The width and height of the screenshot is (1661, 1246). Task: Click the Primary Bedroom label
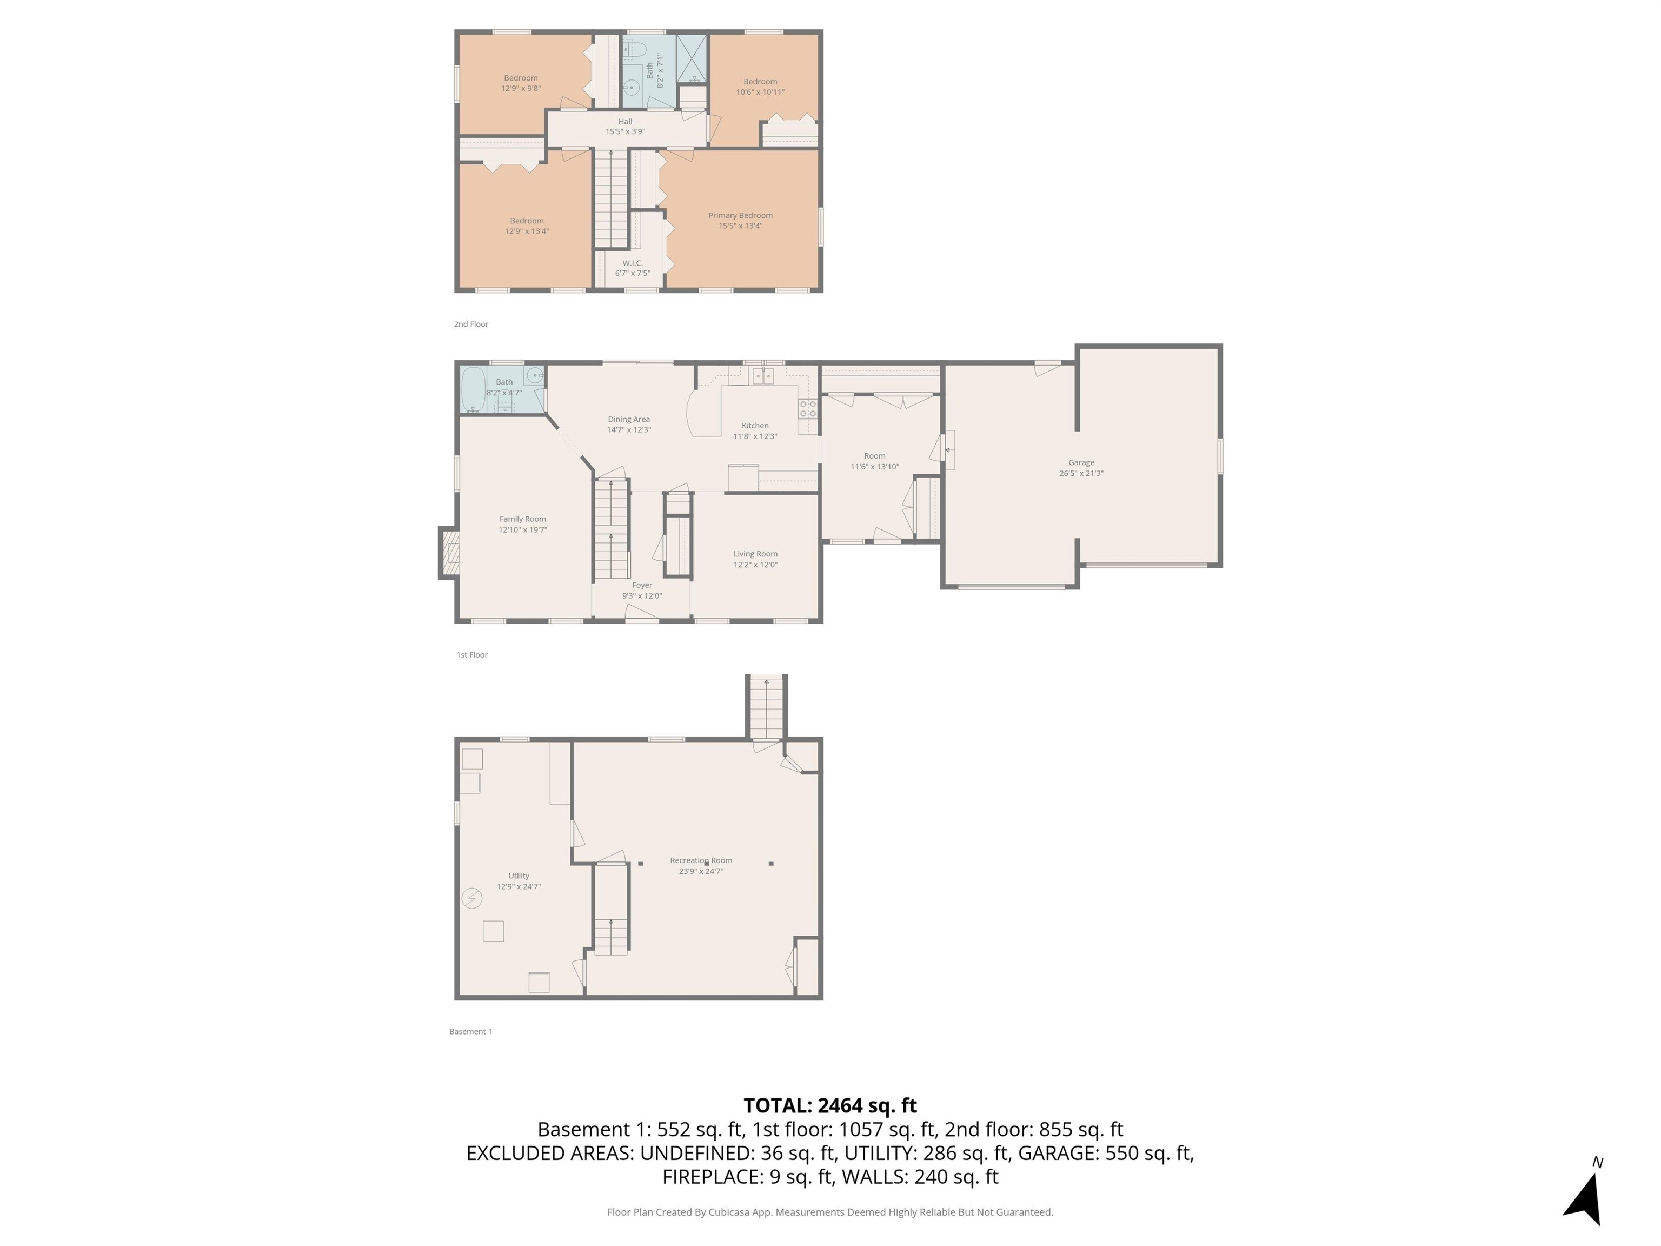[740, 216]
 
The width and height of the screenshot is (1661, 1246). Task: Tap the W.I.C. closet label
[632, 263]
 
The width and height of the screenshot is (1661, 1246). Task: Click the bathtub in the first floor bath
[473, 389]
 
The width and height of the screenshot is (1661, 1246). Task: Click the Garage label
[1081, 462]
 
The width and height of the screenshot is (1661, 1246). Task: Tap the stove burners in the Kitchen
[807, 409]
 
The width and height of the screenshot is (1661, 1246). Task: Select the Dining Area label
[628, 419]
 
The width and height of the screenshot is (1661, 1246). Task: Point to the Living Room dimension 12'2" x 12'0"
[755, 565]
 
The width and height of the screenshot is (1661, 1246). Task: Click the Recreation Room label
[701, 861]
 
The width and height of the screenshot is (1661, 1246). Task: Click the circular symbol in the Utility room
[471, 898]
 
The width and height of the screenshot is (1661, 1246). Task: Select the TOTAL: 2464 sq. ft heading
[830, 1105]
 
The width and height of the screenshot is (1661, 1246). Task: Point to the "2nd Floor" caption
[471, 324]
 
